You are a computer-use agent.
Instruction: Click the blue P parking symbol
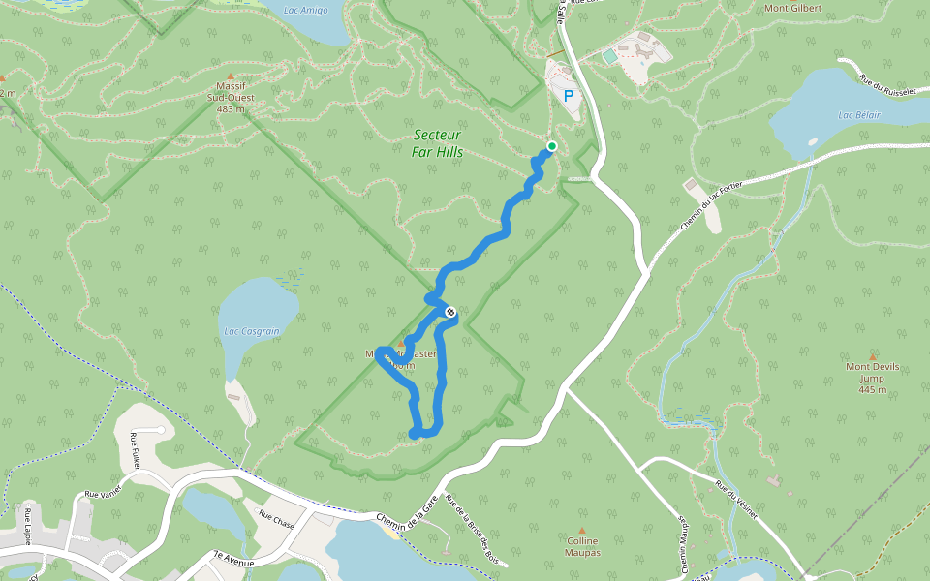pyautogui.click(x=569, y=96)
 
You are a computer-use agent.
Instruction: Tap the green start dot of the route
pyautogui.click(x=551, y=146)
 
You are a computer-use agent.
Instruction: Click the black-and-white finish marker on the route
pyautogui.click(x=450, y=311)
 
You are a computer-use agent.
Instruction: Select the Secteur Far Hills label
pyautogui.click(x=437, y=143)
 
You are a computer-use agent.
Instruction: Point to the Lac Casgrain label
pyautogui.click(x=251, y=330)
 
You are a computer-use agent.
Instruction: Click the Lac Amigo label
pyautogui.click(x=305, y=11)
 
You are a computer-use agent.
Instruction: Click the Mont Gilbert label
pyautogui.click(x=792, y=9)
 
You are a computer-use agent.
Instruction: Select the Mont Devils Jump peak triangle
pyautogui.click(x=872, y=356)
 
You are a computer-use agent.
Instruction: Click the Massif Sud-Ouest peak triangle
pyautogui.click(x=231, y=76)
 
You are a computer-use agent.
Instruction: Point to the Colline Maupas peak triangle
pyautogui.click(x=582, y=531)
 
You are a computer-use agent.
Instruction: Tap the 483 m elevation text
pyautogui.click(x=231, y=108)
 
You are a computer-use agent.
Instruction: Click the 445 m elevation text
pyautogui.click(x=872, y=389)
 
